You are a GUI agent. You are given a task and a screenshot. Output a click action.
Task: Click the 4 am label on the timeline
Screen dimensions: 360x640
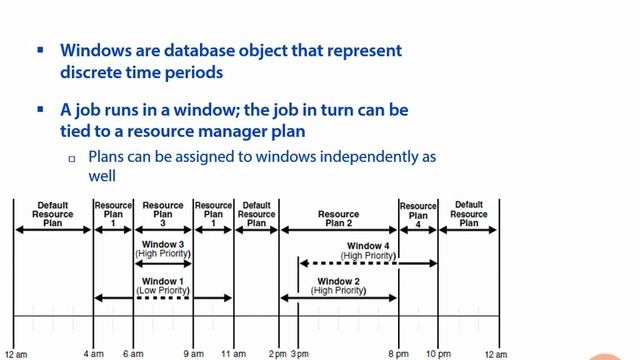click(x=93, y=354)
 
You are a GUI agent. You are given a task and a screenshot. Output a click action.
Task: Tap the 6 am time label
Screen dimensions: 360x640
click(x=132, y=354)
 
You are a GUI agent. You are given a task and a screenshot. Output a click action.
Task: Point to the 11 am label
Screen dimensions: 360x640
click(x=233, y=354)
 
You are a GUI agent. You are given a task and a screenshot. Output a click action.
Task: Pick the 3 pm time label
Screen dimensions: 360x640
click(x=299, y=354)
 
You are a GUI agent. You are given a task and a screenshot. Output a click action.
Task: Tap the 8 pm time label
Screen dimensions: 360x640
click(x=398, y=354)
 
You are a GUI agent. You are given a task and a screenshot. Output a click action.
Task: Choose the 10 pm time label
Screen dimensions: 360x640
click(x=438, y=354)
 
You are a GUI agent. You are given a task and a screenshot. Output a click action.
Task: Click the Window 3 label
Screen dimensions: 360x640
click(x=162, y=244)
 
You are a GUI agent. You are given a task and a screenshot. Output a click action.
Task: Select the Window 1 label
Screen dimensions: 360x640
click(x=162, y=281)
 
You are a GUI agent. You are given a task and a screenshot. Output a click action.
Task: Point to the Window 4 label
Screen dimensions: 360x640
click(x=368, y=245)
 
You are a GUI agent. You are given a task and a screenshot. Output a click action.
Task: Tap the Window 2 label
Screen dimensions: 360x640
click(x=338, y=281)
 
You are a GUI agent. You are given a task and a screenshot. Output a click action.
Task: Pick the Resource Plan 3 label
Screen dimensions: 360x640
click(x=162, y=214)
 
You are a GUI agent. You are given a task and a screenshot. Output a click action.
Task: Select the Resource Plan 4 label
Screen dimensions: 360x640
click(x=418, y=214)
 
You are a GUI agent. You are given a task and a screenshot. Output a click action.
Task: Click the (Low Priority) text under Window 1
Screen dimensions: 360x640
click(x=162, y=290)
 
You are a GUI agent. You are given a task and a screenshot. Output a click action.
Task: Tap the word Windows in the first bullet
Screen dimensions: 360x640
click(x=97, y=50)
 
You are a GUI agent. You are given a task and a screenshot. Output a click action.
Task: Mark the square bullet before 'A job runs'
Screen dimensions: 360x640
click(x=40, y=108)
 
